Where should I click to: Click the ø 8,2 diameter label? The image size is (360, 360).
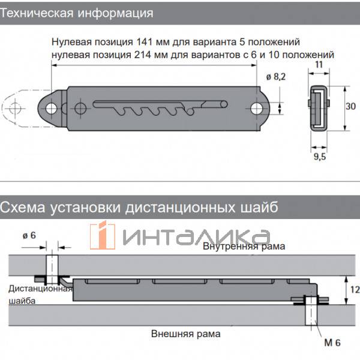pos(276,77)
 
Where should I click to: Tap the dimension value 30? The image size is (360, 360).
pos(350,106)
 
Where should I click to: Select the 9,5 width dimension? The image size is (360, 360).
pos(320,157)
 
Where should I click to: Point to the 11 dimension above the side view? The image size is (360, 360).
pos(319,65)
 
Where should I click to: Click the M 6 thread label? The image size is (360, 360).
pos(332,343)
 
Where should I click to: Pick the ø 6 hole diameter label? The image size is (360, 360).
pos(29,235)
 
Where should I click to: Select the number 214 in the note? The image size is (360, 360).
pos(142,55)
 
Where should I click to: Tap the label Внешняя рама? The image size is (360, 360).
pos(186,334)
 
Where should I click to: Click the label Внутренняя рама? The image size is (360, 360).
pos(244,247)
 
